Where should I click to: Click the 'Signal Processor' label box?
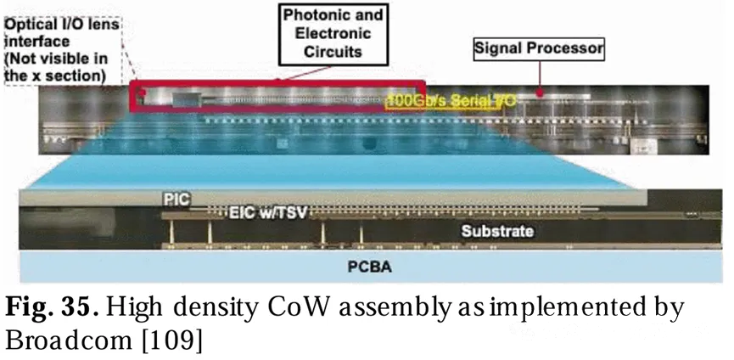click(539, 49)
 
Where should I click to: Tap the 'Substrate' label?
click(496, 231)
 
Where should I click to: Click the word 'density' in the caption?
click(207, 307)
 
